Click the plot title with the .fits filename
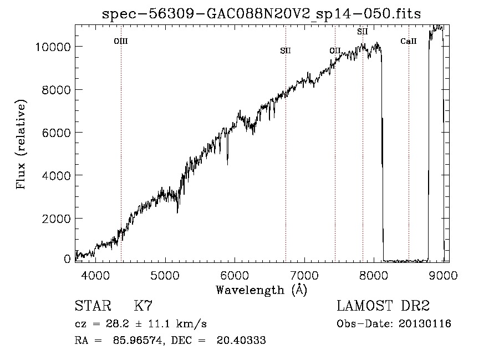click(262, 14)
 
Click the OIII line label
click(121, 41)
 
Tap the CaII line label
click(409, 41)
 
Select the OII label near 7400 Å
click(335, 50)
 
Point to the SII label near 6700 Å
click(286, 50)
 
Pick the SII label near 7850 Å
click(363, 32)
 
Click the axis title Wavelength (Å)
click(261, 290)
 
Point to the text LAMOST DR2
click(383, 306)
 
